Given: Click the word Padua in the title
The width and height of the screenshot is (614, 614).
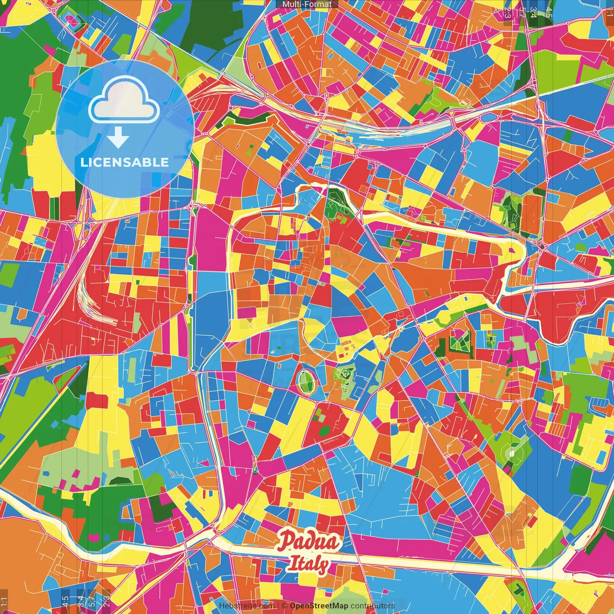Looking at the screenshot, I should (309, 541).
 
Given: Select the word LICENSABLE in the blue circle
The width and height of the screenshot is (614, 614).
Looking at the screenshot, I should (125, 162).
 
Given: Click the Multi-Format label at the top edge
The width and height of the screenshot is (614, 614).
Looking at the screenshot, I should (307, 4).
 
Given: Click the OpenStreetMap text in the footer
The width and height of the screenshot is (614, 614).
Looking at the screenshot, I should (319, 606).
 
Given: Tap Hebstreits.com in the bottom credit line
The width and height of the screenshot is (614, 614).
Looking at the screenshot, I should (247, 606).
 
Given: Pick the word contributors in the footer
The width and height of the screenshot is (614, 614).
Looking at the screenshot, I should (373, 606).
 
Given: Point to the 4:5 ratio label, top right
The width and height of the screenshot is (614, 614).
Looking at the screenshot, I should (549, 12).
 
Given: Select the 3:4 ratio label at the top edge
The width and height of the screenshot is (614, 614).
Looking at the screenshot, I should (532, 12).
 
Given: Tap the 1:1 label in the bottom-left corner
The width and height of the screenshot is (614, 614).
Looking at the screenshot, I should (4, 602).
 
